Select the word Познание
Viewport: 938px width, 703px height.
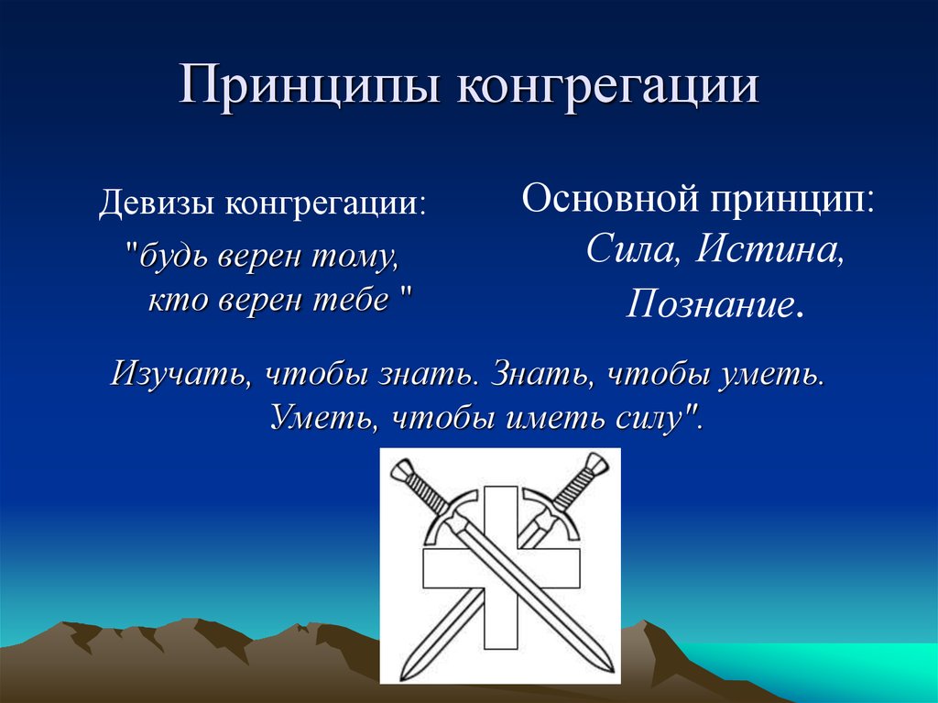(711, 304)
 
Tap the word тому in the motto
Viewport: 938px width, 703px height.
(360, 258)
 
